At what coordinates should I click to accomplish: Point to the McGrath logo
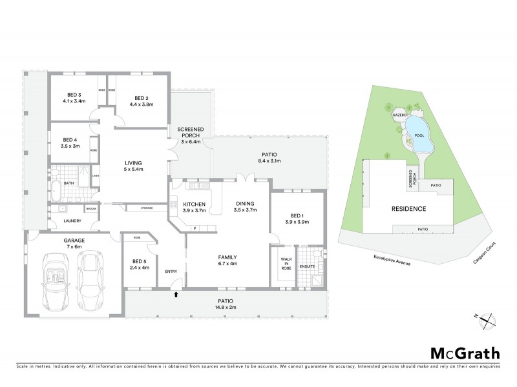(x=465, y=353)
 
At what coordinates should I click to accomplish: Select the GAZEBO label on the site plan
(x=399, y=115)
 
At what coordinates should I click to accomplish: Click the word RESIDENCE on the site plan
(x=408, y=209)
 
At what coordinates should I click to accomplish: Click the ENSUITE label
(x=306, y=266)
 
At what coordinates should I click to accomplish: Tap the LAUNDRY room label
(x=63, y=222)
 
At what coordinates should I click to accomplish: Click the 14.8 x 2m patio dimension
(x=226, y=308)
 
